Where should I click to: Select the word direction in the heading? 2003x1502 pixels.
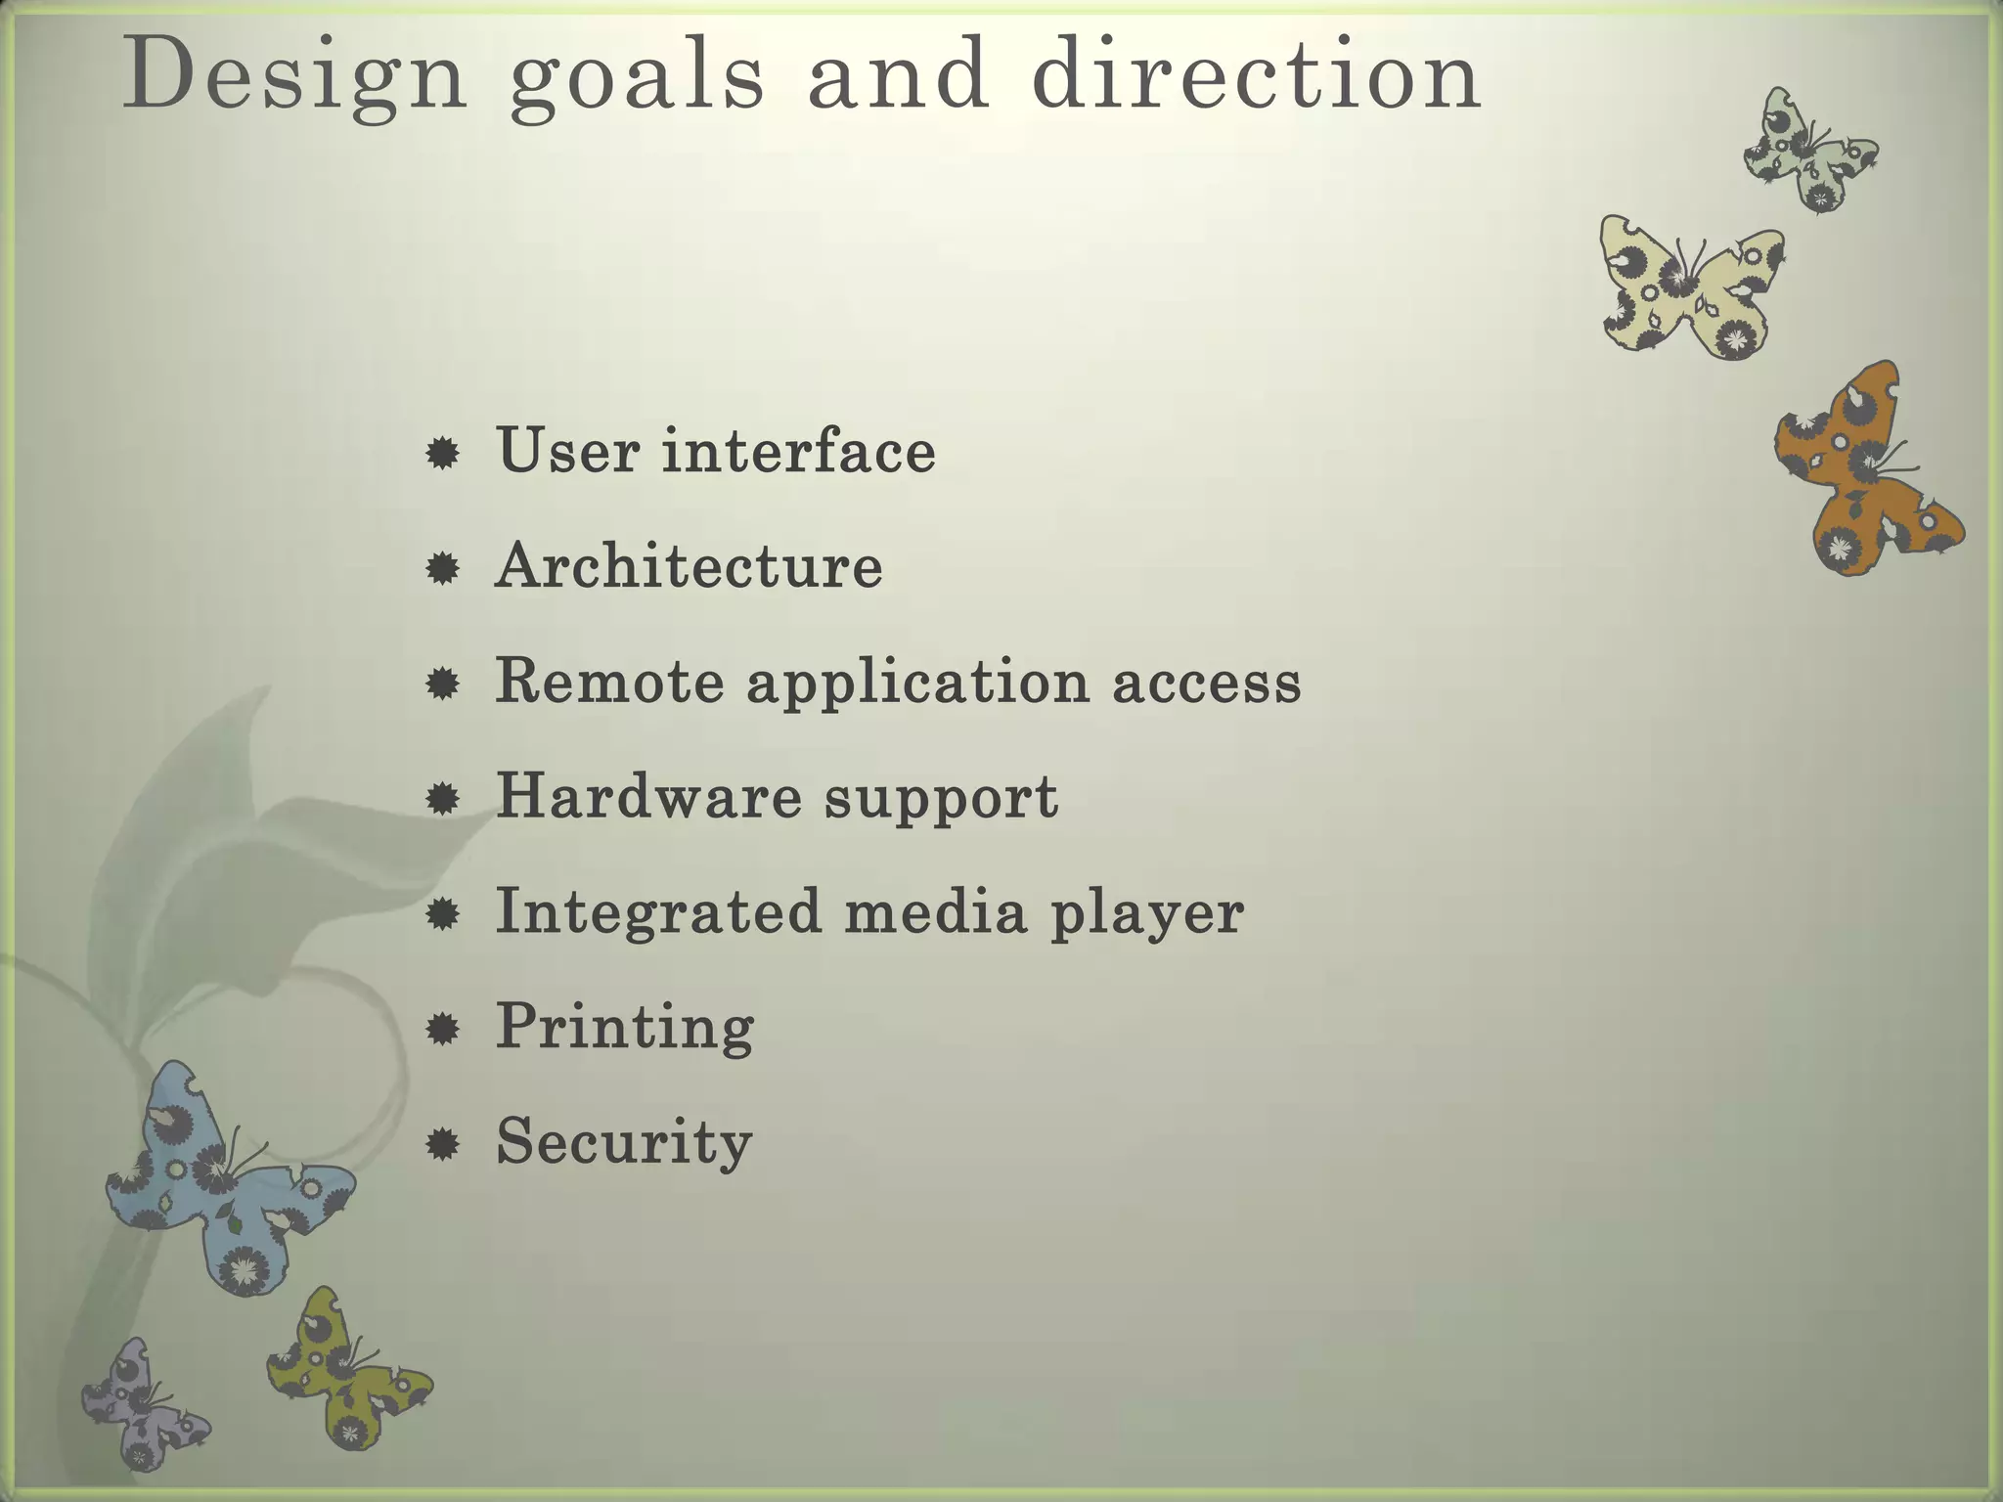[1256, 76]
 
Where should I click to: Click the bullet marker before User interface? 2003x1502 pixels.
[443, 453]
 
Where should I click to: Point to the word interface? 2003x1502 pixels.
[798, 451]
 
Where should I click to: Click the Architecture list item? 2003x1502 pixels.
[689, 566]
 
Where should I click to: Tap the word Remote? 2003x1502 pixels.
[610, 681]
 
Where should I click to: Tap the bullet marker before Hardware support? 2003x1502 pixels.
[443, 799]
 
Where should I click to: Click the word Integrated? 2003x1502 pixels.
[657, 911]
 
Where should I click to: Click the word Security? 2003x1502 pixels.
[623, 1142]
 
